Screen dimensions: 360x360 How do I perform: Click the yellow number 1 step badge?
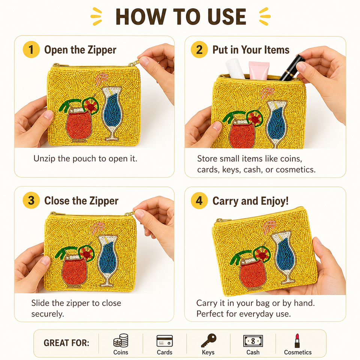pos(31,49)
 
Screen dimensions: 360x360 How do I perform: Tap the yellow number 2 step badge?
pos(199,49)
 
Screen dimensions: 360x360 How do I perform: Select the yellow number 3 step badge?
pos(31,200)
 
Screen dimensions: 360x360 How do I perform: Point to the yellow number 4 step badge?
pos(199,200)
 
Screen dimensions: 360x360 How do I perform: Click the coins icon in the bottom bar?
pos(121,340)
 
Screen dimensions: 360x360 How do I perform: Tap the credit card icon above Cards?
pos(165,341)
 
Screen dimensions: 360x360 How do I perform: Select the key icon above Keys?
pos(208,340)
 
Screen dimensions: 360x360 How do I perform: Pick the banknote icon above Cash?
pos(253,341)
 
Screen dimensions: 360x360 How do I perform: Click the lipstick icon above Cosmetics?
pos(297,341)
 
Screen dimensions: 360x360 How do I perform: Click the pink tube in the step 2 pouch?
pos(259,70)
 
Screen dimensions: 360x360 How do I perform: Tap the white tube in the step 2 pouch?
pos(235,68)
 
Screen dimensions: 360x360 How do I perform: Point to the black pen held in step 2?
pos(292,68)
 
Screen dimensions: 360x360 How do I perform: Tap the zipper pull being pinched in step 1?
pos(135,63)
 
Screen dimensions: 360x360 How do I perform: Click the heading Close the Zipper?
pos(81,201)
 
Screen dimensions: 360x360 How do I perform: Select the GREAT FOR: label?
pos(66,343)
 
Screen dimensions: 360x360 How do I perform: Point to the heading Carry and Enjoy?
pos(250,201)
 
